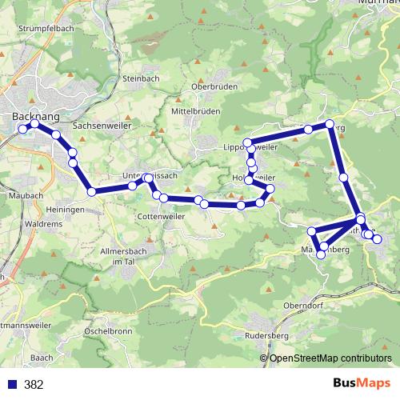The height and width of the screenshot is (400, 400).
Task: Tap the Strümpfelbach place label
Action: (41, 28)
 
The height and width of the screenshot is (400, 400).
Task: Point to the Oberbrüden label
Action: (213, 87)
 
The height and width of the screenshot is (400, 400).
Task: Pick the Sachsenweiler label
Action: (102, 126)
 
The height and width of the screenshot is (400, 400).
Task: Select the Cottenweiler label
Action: (162, 216)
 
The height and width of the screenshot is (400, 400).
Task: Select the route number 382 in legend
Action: (34, 385)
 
